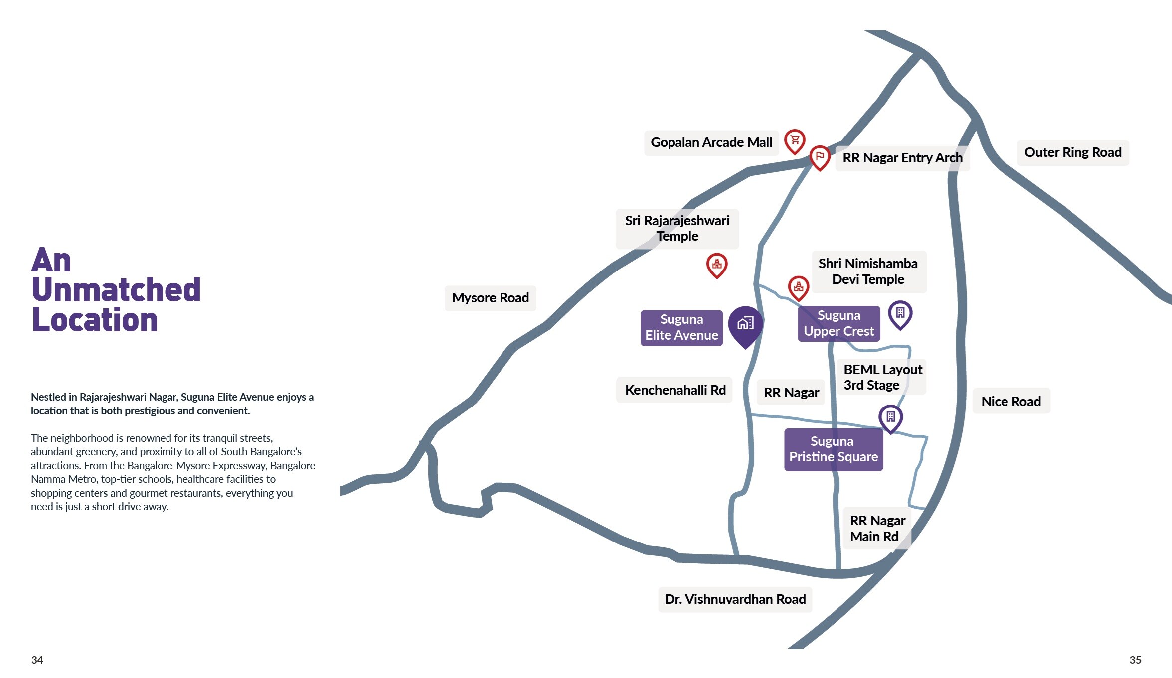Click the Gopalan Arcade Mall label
click(711, 143)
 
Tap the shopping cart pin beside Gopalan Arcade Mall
click(795, 140)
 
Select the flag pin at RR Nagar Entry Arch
click(820, 157)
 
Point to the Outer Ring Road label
click(1072, 152)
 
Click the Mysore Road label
click(490, 298)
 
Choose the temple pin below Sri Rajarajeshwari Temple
click(717, 265)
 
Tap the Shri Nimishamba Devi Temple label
click(867, 271)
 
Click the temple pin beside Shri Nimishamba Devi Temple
click(798, 287)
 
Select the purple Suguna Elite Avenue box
click(681, 327)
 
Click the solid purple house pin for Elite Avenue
click(745, 324)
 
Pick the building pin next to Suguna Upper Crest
click(900, 314)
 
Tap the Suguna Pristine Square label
click(833, 449)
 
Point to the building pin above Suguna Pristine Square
click(890, 417)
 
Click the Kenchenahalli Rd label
click(675, 390)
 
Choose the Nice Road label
click(1011, 401)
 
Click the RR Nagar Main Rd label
click(877, 529)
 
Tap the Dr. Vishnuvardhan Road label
click(735, 599)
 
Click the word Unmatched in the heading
click(116, 290)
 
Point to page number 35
click(1135, 660)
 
